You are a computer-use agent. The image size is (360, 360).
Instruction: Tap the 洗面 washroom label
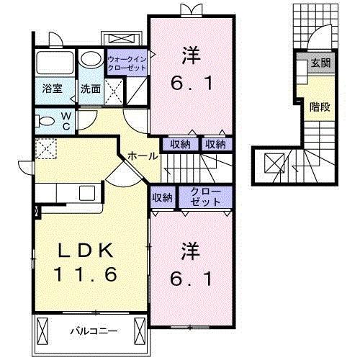tap(91, 90)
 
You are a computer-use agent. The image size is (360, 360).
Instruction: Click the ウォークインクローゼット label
tap(127, 63)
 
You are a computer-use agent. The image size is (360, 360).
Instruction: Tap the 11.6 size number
tap(85, 274)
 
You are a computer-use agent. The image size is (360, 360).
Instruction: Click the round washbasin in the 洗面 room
tap(91, 60)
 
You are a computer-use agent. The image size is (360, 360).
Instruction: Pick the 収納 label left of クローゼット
tap(162, 197)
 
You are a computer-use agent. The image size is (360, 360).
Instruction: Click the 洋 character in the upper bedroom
tap(191, 53)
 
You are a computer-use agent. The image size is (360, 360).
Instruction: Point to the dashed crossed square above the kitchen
tap(48, 148)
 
